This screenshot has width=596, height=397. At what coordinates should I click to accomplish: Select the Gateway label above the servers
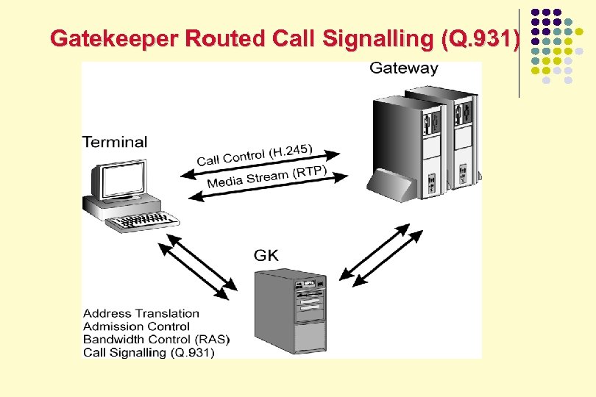pyautogui.click(x=403, y=68)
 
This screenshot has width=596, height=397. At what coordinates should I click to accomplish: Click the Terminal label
pyautogui.click(x=115, y=142)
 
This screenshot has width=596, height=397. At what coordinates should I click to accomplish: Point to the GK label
pyautogui.click(x=266, y=256)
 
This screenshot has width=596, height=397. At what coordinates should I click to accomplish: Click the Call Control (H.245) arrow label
pyautogui.click(x=255, y=155)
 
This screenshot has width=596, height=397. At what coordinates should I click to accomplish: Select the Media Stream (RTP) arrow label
pyautogui.click(x=266, y=178)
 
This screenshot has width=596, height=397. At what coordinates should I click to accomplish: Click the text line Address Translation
pyautogui.click(x=141, y=314)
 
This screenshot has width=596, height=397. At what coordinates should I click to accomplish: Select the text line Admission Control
pyautogui.click(x=136, y=326)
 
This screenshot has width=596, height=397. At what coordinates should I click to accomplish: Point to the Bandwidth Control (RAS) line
pyautogui.click(x=156, y=340)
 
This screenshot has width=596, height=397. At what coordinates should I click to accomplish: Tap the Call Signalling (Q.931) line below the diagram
pyautogui.click(x=149, y=353)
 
